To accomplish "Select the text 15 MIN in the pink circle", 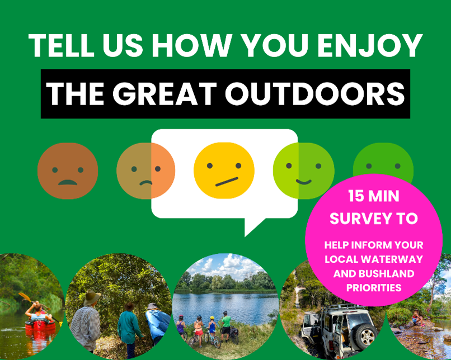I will (x=374, y=197).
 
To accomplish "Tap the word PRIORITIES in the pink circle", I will (x=374, y=288).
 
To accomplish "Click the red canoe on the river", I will (x=40, y=324).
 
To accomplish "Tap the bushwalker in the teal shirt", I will (x=128, y=327).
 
